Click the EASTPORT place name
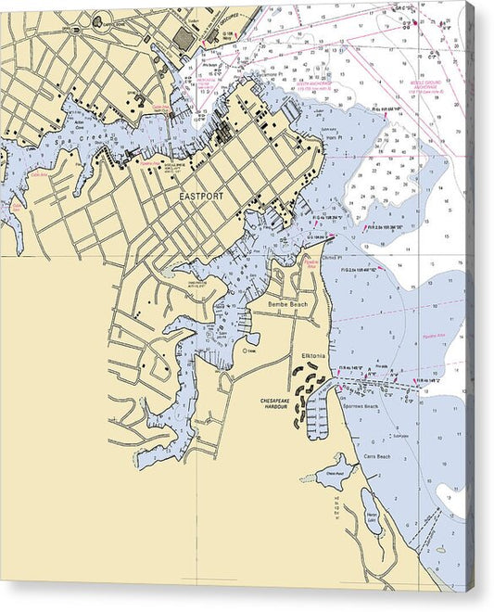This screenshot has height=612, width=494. click(x=201, y=197)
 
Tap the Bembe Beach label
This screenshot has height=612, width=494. click(x=286, y=304)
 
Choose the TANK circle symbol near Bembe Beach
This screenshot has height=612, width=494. click(x=245, y=351)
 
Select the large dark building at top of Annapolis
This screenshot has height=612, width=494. click(x=184, y=38)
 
